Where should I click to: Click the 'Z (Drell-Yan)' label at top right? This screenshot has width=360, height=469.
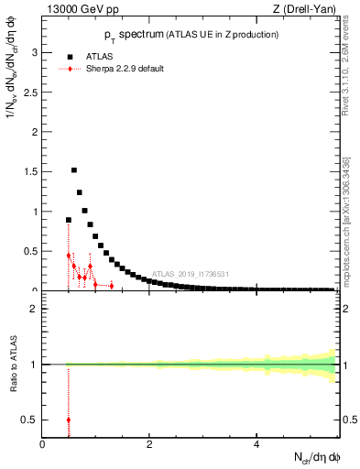(307, 10)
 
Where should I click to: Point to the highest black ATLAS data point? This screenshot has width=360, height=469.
(74, 170)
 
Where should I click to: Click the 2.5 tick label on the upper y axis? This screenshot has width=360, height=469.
(30, 93)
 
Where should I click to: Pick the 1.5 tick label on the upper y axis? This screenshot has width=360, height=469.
(30, 172)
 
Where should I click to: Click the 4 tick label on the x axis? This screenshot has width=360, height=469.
(256, 444)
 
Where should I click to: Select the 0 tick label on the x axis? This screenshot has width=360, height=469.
(43, 444)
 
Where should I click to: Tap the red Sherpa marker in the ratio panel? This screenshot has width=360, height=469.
(69, 420)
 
